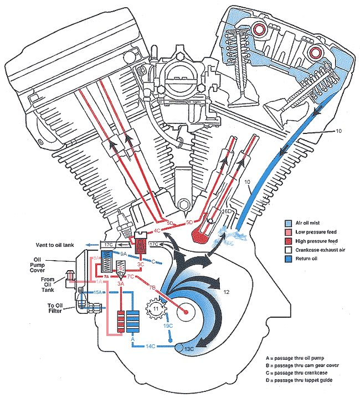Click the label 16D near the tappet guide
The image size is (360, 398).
pyautogui.click(x=227, y=212)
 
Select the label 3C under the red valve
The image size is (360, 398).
pyautogui.click(x=141, y=264)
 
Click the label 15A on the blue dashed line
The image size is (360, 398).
pyautogui.click(x=97, y=292)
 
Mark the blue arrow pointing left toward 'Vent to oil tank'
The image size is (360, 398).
pyautogui.click(x=89, y=244)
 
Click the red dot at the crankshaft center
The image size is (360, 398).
pyautogui.click(x=186, y=312)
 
